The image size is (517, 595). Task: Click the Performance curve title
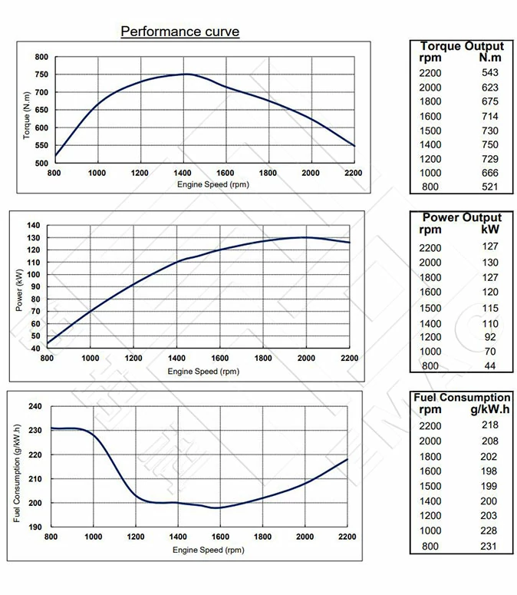[x=180, y=31]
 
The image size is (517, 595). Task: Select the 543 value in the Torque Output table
[x=489, y=72]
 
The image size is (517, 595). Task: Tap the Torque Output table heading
[x=462, y=46]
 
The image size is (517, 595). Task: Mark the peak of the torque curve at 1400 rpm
[x=184, y=74]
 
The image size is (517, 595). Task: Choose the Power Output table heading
[x=462, y=217]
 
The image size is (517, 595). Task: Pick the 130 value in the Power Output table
[x=490, y=263]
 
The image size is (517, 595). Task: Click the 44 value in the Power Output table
[x=490, y=366]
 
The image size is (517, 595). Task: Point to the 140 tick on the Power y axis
[x=33, y=225]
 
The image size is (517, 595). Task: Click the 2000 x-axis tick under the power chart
[x=306, y=358]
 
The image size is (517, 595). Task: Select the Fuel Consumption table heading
[x=462, y=398]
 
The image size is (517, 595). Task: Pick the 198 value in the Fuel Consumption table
[x=489, y=471]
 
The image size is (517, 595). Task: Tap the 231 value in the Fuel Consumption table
[x=489, y=546]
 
